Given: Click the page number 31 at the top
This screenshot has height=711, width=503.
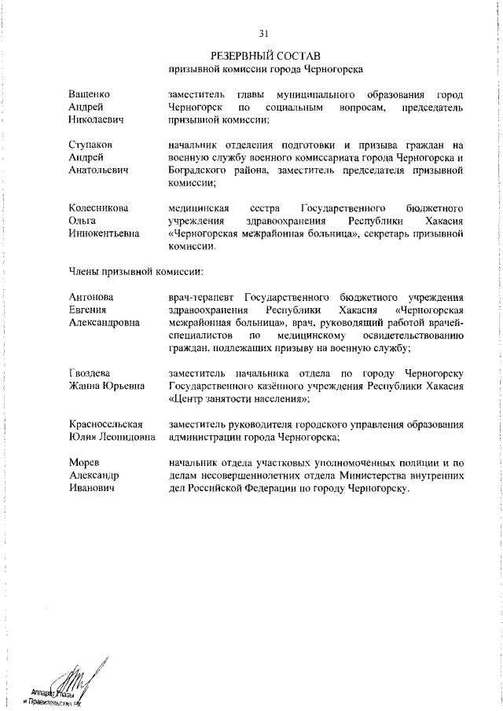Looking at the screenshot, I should [x=264, y=33].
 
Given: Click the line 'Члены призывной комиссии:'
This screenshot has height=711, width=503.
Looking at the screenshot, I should [x=136, y=272].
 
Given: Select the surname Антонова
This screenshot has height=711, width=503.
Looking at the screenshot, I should [x=91, y=297].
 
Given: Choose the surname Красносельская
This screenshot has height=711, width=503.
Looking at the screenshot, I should [x=110, y=424].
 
